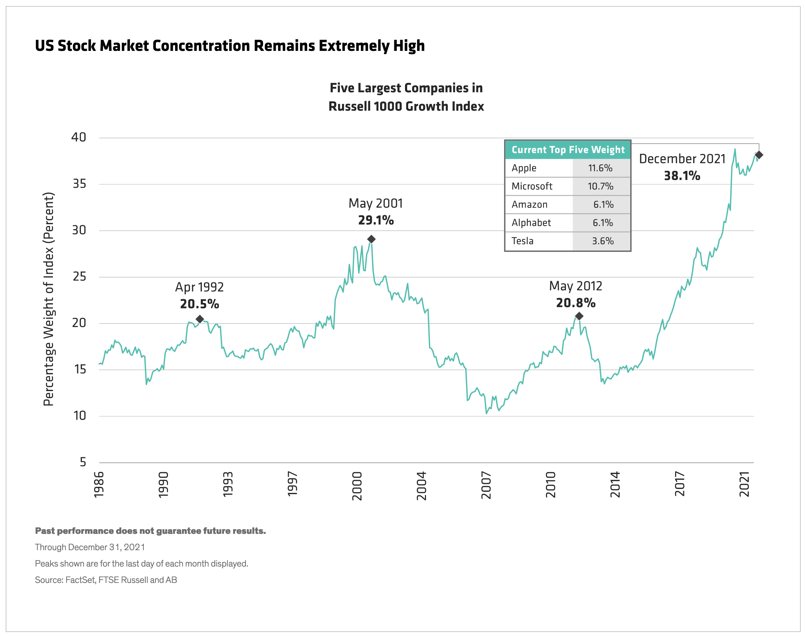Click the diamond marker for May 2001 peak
(371, 239)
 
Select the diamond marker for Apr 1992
(200, 319)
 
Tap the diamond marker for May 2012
(579, 316)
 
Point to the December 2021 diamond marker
(758, 155)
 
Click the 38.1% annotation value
(682, 176)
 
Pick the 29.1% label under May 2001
(376, 220)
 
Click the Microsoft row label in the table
(532, 186)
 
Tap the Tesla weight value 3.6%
(603, 241)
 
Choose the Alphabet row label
(531, 223)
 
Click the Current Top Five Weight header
(568, 150)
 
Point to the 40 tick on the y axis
(79, 137)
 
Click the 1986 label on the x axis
(99, 484)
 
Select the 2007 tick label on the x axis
(486, 485)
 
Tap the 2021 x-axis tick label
(744, 484)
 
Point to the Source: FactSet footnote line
(106, 580)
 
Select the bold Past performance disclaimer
(150, 531)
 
